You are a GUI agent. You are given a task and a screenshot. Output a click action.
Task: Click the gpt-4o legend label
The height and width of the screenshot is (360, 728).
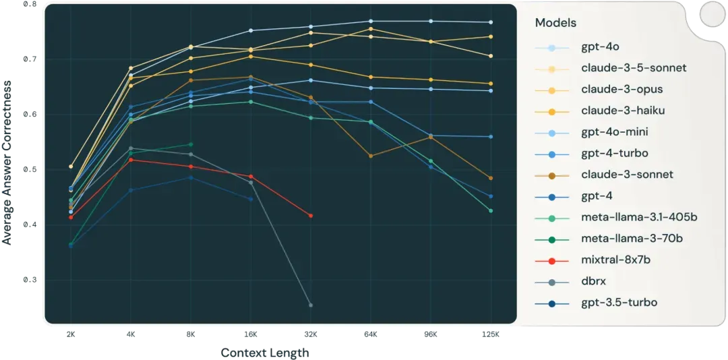coord(600,47)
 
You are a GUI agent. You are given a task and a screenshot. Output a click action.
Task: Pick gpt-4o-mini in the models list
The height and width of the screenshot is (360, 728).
coord(615,131)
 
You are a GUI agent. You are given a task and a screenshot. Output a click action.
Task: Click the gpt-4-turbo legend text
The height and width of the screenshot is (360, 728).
coord(615,153)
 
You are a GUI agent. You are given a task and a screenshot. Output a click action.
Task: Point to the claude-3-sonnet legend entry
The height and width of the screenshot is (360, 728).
coord(627,175)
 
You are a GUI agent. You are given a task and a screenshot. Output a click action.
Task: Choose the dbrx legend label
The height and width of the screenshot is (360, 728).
coord(593,281)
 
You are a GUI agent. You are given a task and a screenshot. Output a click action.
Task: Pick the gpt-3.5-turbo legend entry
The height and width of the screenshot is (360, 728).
coord(619,303)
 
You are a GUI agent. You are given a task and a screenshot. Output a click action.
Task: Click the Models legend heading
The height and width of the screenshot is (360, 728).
coord(555,23)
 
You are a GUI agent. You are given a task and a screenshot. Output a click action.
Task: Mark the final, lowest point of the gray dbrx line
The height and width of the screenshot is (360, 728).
coord(311,305)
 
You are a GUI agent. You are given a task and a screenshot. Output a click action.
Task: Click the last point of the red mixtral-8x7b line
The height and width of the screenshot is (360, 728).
coord(311,216)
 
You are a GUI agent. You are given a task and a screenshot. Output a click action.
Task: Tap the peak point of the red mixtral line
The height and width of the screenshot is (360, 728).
coord(130,160)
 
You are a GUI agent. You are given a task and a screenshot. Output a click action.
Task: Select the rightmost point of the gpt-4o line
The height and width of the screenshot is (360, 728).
coord(491,22)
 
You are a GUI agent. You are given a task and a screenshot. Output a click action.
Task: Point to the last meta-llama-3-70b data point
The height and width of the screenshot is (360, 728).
coord(191,144)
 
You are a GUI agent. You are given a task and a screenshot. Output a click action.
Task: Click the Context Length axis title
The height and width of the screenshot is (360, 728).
coord(266,353)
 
